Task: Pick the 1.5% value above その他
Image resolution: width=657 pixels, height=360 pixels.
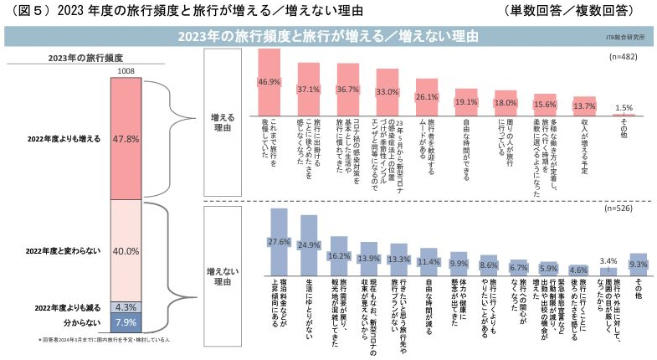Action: click(624, 107)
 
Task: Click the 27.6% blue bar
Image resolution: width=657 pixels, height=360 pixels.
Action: click(279, 242)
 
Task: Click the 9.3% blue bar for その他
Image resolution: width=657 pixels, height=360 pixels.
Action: click(638, 264)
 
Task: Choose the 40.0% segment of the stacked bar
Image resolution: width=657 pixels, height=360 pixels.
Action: click(124, 250)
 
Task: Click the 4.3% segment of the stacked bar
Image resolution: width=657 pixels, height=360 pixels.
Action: click(124, 306)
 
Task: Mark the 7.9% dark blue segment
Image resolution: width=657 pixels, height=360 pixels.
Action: click(124, 322)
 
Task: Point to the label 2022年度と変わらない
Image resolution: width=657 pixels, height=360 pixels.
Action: click(64, 250)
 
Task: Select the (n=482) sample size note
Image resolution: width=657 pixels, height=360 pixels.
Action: click(626, 57)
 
